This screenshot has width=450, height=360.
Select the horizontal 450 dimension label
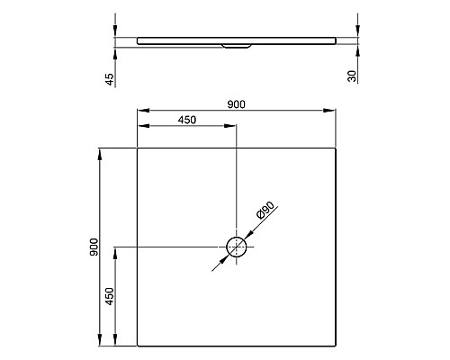[x=187, y=120]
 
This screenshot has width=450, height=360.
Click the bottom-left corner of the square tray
[x=137, y=347]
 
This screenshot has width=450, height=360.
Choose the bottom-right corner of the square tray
[x=336, y=347]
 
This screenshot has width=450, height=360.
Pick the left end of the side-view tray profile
[x=138, y=39]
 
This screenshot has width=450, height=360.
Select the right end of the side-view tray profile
[x=335, y=39]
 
